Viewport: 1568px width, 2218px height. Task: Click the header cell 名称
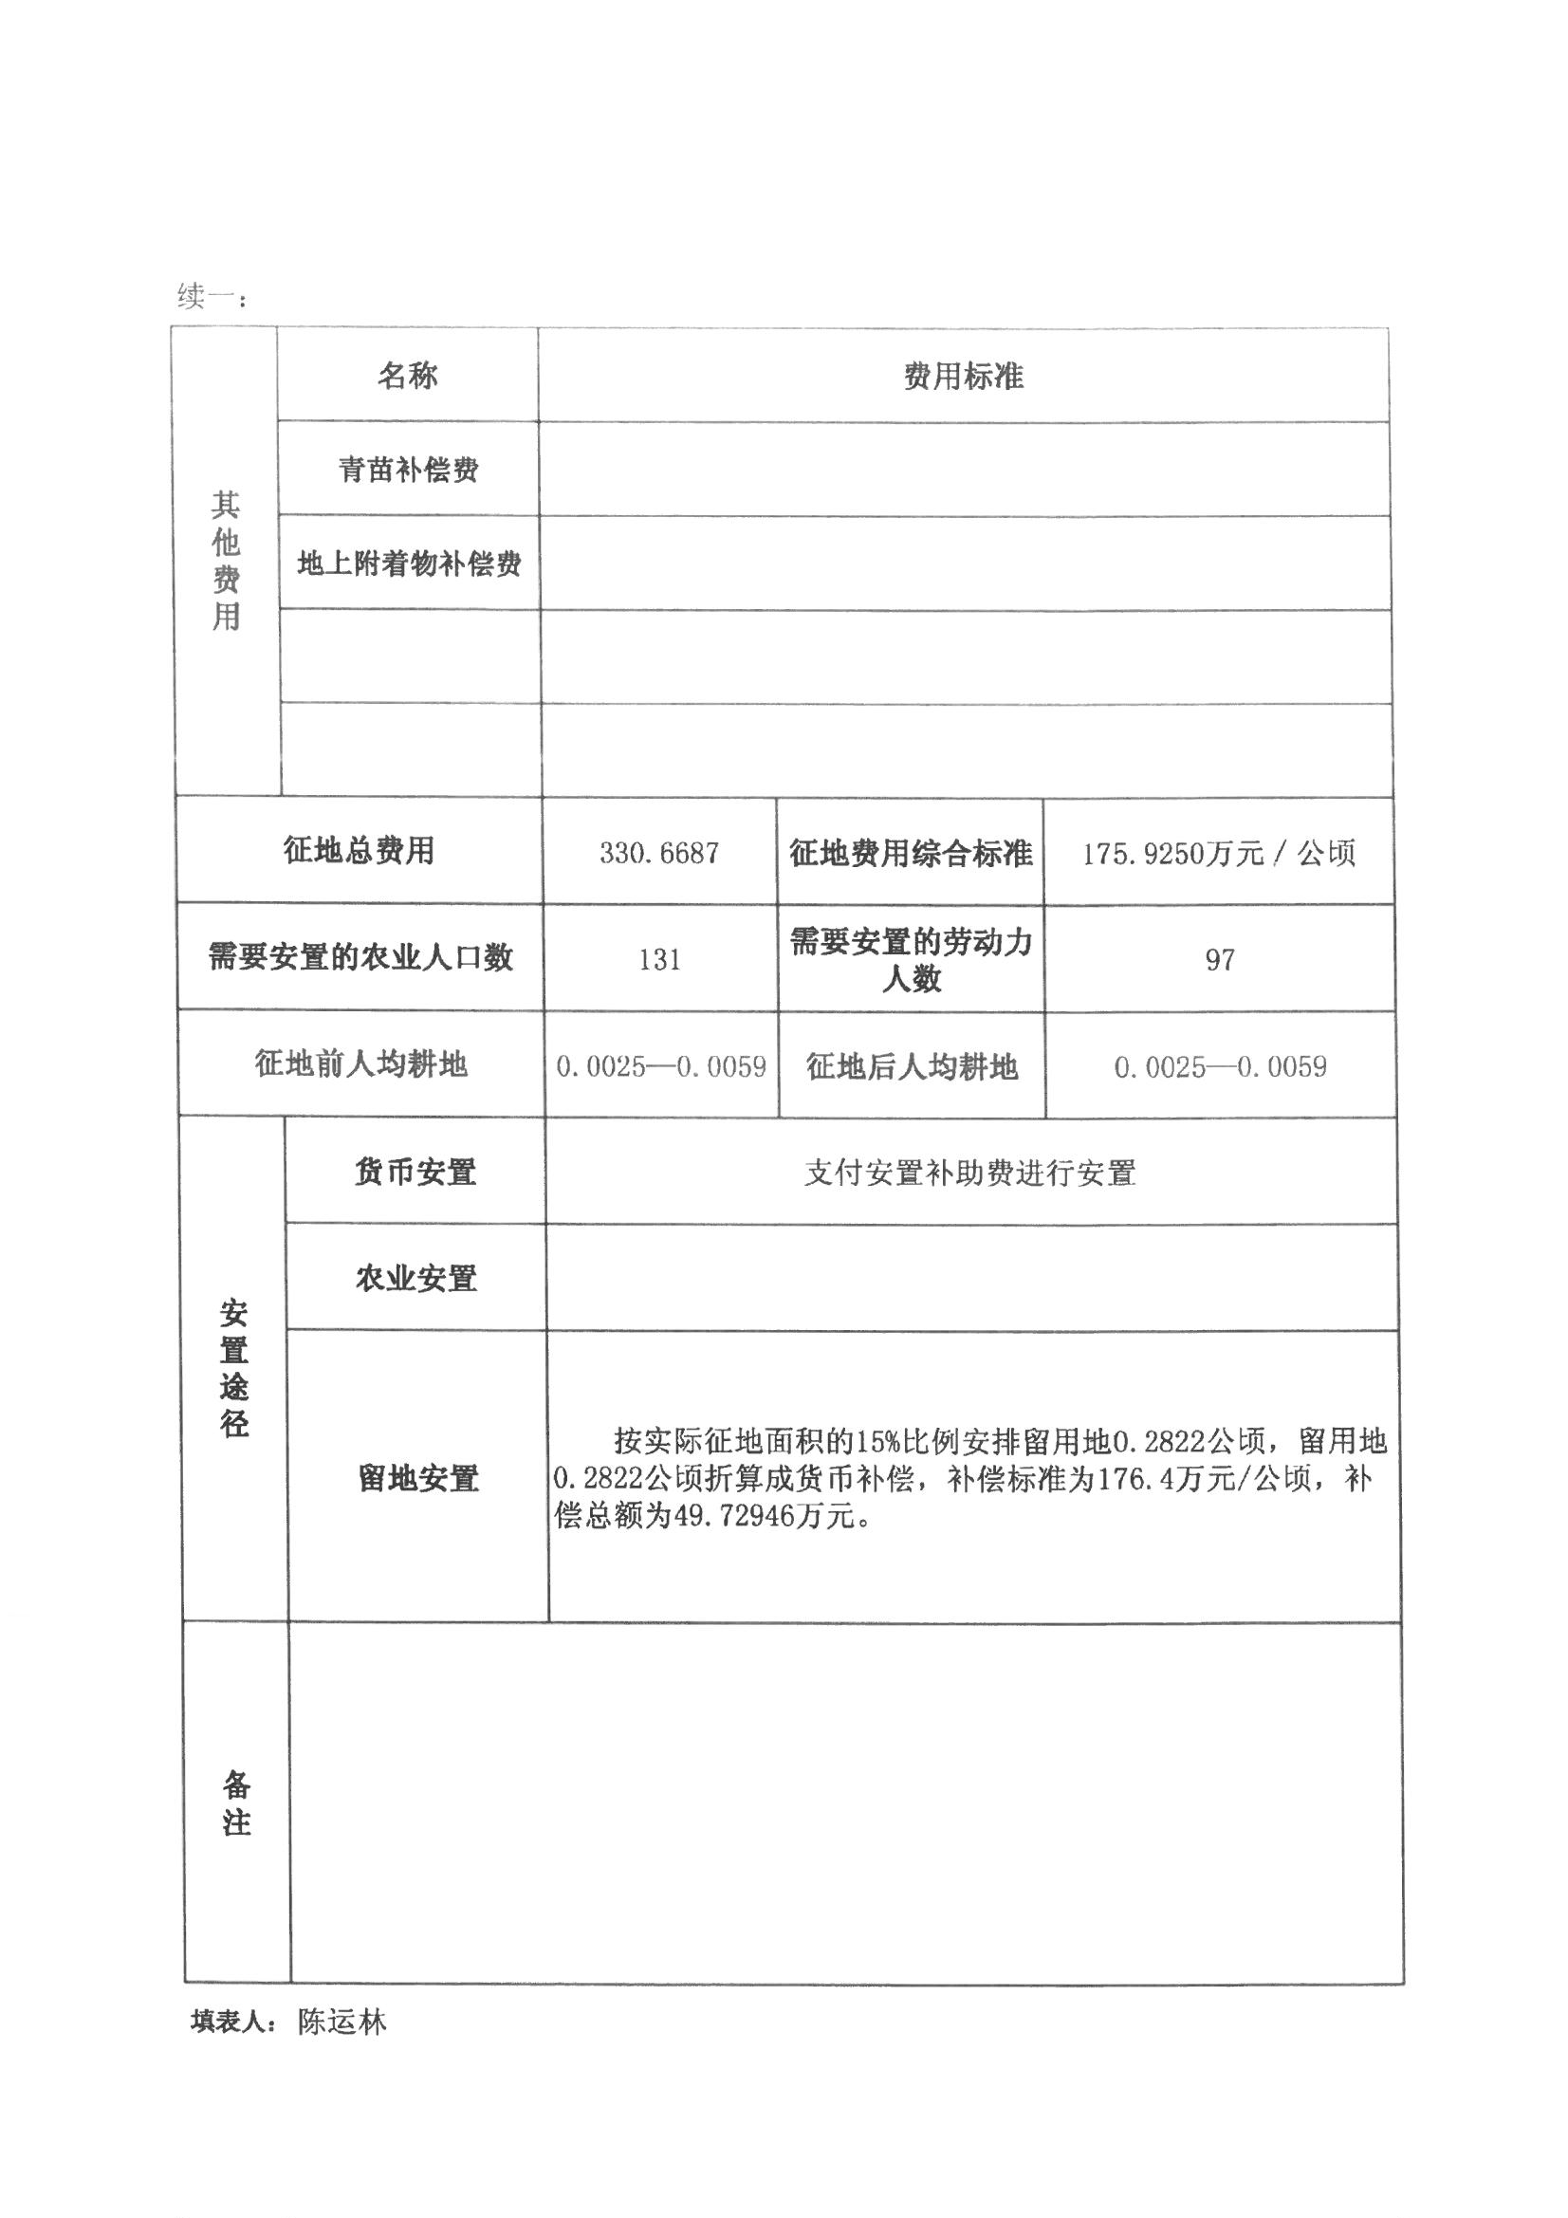[407, 375]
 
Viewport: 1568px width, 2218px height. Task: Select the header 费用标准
[963, 376]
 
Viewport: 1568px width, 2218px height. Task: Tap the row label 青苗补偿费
[408, 470]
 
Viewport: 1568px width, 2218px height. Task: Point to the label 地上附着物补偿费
[409, 564]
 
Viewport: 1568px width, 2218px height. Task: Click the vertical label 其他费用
[226, 561]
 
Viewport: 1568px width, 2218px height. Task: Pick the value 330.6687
[659, 853]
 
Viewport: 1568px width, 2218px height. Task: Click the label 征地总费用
[359, 850]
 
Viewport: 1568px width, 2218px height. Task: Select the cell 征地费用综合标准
[910, 853]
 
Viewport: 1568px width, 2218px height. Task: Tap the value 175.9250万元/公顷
[1218, 853]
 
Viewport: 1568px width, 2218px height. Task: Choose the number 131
[659, 959]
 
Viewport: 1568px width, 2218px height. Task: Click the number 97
[1219, 959]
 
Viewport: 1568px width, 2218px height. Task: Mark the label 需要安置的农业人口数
[360, 957]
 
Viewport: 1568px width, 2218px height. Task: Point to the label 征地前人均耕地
[360, 1063]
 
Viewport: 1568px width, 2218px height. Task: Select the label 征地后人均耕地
[911, 1066]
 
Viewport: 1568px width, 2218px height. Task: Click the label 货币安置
[415, 1172]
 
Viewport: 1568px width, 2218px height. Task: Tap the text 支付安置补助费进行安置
[970, 1173]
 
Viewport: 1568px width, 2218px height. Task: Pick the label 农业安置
[416, 1278]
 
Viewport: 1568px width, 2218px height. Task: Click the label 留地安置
[418, 1478]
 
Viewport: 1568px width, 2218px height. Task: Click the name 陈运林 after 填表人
[342, 2022]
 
